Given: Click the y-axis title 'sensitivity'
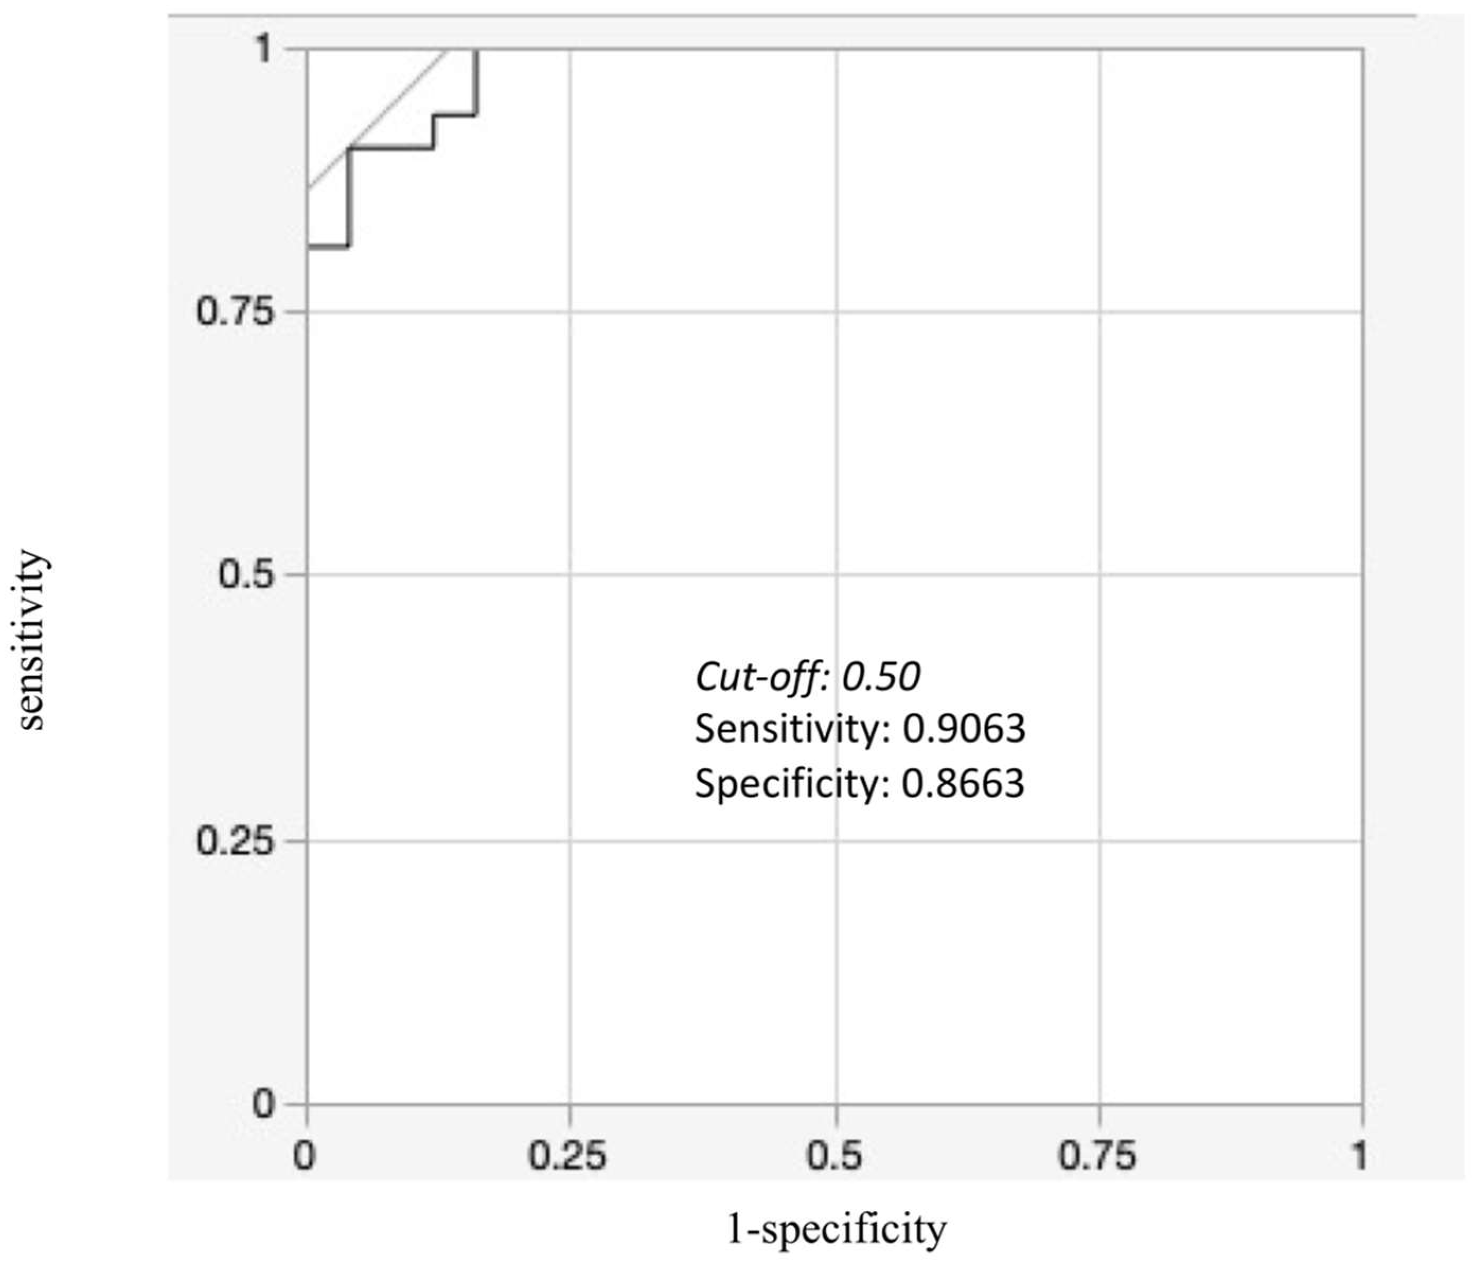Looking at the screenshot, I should tap(32, 638).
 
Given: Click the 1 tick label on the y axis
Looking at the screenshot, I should tap(264, 49).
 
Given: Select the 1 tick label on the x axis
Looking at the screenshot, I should tap(1359, 1155).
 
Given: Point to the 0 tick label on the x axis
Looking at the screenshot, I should tap(305, 1155).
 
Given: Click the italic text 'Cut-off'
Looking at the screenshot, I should tap(756, 676).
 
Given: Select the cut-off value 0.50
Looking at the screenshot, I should tap(882, 676).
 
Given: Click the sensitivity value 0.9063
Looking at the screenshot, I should tap(964, 729).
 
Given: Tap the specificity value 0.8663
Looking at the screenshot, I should tap(963, 783).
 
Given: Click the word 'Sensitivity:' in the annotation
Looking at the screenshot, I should tap(793, 729).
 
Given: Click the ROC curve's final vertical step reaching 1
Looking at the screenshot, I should tap(476, 82).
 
